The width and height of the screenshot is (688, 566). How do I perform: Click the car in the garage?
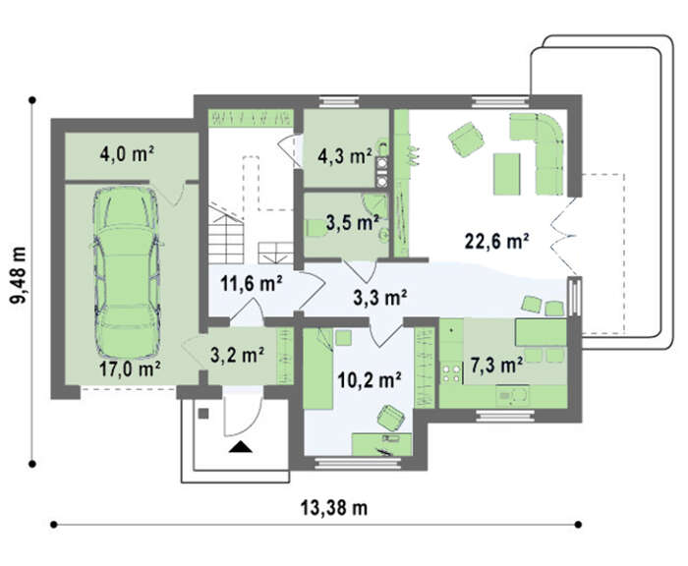coord(126,272)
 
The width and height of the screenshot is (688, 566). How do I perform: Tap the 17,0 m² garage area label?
coord(130,369)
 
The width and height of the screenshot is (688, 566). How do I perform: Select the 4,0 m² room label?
coord(127,154)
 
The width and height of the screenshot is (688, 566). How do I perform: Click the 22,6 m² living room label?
coord(496,242)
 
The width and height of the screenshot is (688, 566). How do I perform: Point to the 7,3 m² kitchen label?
coord(496,365)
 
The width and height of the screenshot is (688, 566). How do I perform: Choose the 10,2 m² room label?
coord(370,380)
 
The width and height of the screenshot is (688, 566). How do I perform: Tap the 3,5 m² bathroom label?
coord(352,223)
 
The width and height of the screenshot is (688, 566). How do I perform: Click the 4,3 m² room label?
coord(345,156)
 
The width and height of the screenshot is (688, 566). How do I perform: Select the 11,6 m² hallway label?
coord(251,284)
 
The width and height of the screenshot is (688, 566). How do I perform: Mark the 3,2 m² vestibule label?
coord(237,355)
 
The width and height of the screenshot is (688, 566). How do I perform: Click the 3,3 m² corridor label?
coord(379,298)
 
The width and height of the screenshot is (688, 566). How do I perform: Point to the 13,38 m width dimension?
coord(334,508)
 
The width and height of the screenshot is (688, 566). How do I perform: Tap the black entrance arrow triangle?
coord(241,447)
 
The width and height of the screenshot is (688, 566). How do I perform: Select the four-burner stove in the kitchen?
coord(451,372)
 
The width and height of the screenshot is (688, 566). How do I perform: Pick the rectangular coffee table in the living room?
coord(506,174)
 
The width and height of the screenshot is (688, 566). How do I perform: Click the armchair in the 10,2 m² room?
coord(390,418)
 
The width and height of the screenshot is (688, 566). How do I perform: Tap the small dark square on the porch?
coord(203,414)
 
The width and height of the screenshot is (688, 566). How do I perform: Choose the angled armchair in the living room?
coord(466,139)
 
